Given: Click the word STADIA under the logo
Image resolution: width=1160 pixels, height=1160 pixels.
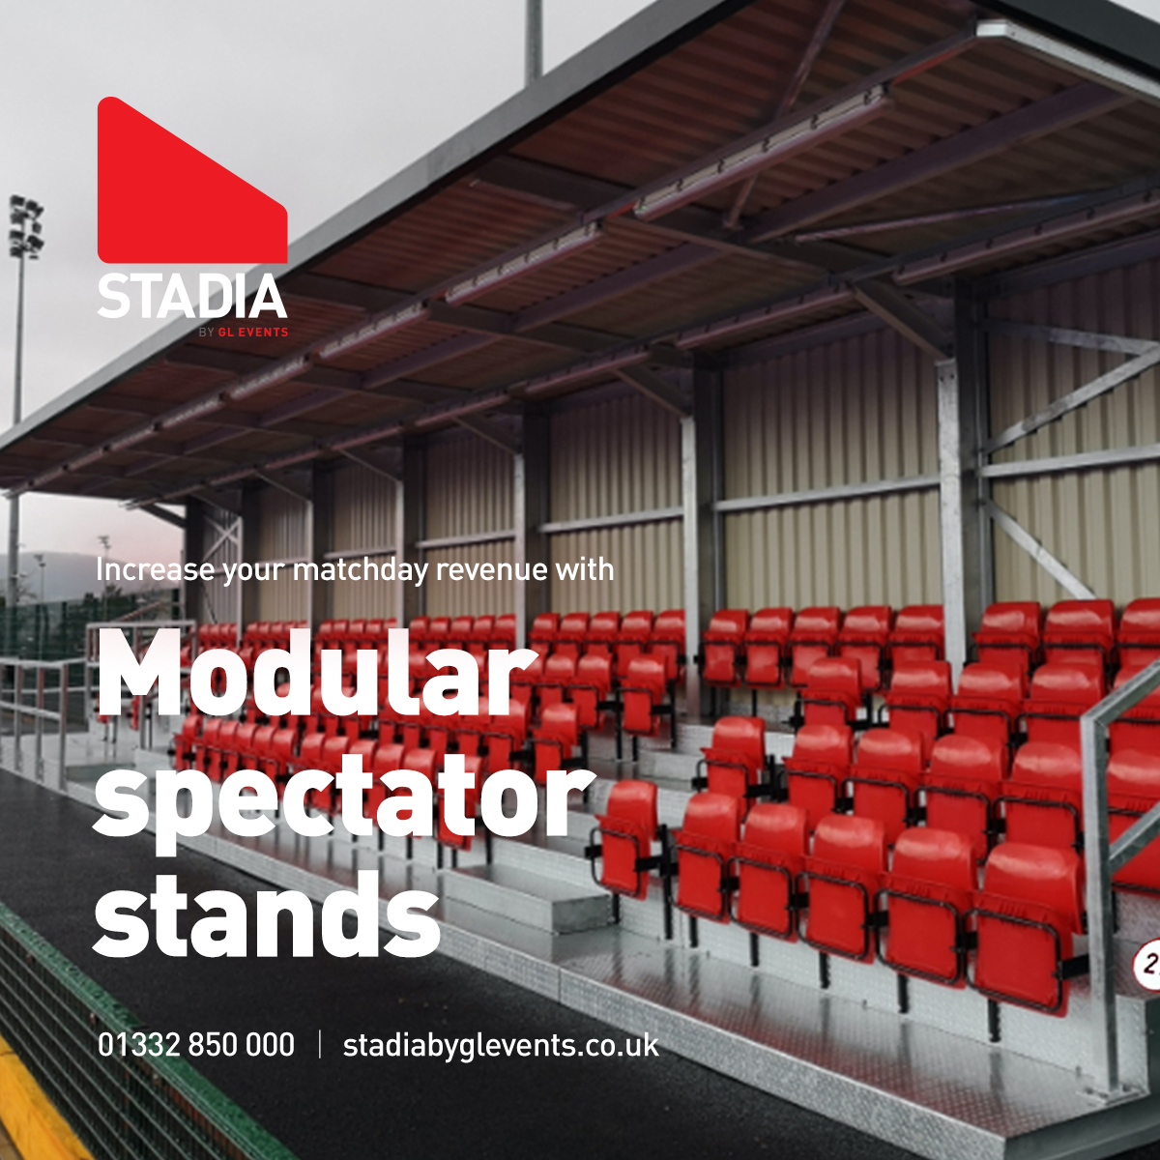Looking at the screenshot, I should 191,297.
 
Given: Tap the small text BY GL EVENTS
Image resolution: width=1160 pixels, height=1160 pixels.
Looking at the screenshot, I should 243,333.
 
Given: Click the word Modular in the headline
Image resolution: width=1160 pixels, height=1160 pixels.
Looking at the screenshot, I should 317,674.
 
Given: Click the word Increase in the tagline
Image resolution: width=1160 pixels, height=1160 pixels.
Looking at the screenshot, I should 156,569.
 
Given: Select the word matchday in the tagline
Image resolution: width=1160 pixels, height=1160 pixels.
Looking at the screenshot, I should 360,569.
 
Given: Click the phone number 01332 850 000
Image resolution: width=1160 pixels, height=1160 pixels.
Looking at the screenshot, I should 196,1045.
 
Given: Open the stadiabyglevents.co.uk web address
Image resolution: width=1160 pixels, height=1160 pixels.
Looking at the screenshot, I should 501,1046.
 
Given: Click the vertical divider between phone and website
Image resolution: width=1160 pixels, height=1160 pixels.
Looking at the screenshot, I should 320,1045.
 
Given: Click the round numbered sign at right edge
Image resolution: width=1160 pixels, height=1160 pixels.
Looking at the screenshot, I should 1148,964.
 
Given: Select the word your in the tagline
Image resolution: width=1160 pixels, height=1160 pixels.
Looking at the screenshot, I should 255,571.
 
